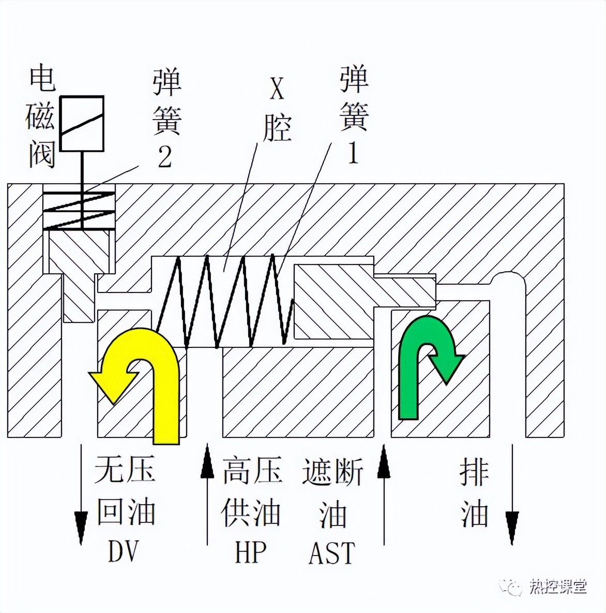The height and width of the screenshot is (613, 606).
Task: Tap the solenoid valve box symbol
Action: tap(82, 123)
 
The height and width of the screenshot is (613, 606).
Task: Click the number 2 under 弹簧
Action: tap(164, 157)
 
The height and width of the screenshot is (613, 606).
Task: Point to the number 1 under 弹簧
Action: tap(353, 153)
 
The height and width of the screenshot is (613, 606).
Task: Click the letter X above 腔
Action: tap(277, 89)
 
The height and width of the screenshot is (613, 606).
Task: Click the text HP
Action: tap(251, 552)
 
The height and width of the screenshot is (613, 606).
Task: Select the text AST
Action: tap(332, 553)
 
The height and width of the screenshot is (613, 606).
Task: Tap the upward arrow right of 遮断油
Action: tap(384, 492)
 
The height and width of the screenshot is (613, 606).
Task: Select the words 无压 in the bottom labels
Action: tap(125, 471)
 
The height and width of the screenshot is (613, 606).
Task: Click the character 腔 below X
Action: tap(277, 127)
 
